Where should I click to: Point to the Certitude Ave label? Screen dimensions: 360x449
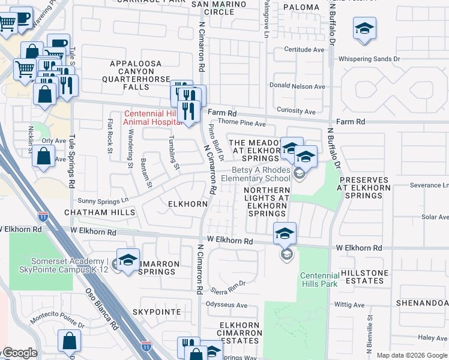[x=304, y=50]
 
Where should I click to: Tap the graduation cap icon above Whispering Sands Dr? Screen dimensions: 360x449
[x=364, y=29]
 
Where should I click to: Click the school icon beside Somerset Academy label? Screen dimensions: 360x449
[x=127, y=261]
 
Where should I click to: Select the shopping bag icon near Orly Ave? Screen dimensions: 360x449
[x=44, y=157]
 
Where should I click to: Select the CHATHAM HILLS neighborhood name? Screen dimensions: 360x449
[x=100, y=212]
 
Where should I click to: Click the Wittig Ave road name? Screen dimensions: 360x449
[x=350, y=305]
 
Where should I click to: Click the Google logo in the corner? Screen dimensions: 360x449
[x=19, y=353]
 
